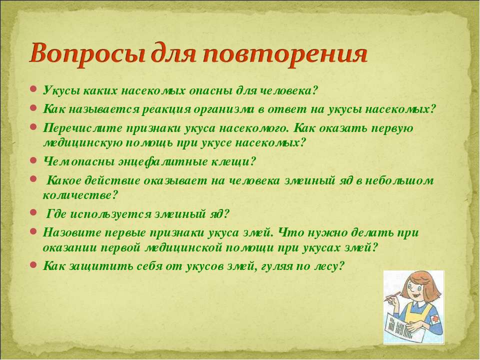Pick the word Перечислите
82,127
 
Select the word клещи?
233,161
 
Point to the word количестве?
80,195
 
